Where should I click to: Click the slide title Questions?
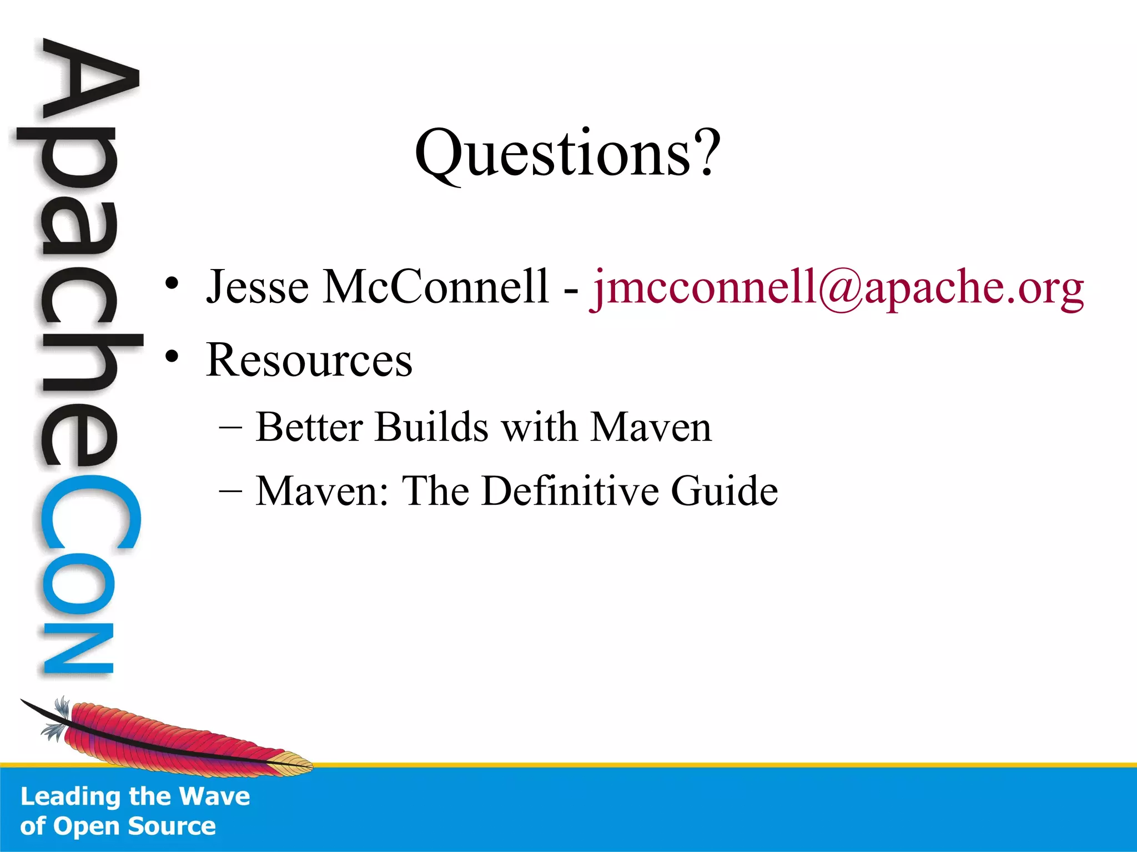(x=567, y=153)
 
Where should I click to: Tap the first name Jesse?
(x=257, y=287)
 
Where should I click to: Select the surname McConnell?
(x=436, y=287)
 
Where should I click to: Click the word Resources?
(x=309, y=361)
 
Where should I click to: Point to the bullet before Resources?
(x=172, y=357)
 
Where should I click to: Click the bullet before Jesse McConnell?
(x=172, y=283)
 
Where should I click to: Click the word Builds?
(x=431, y=427)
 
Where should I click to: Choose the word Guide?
(x=724, y=491)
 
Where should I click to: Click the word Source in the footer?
(x=172, y=826)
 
